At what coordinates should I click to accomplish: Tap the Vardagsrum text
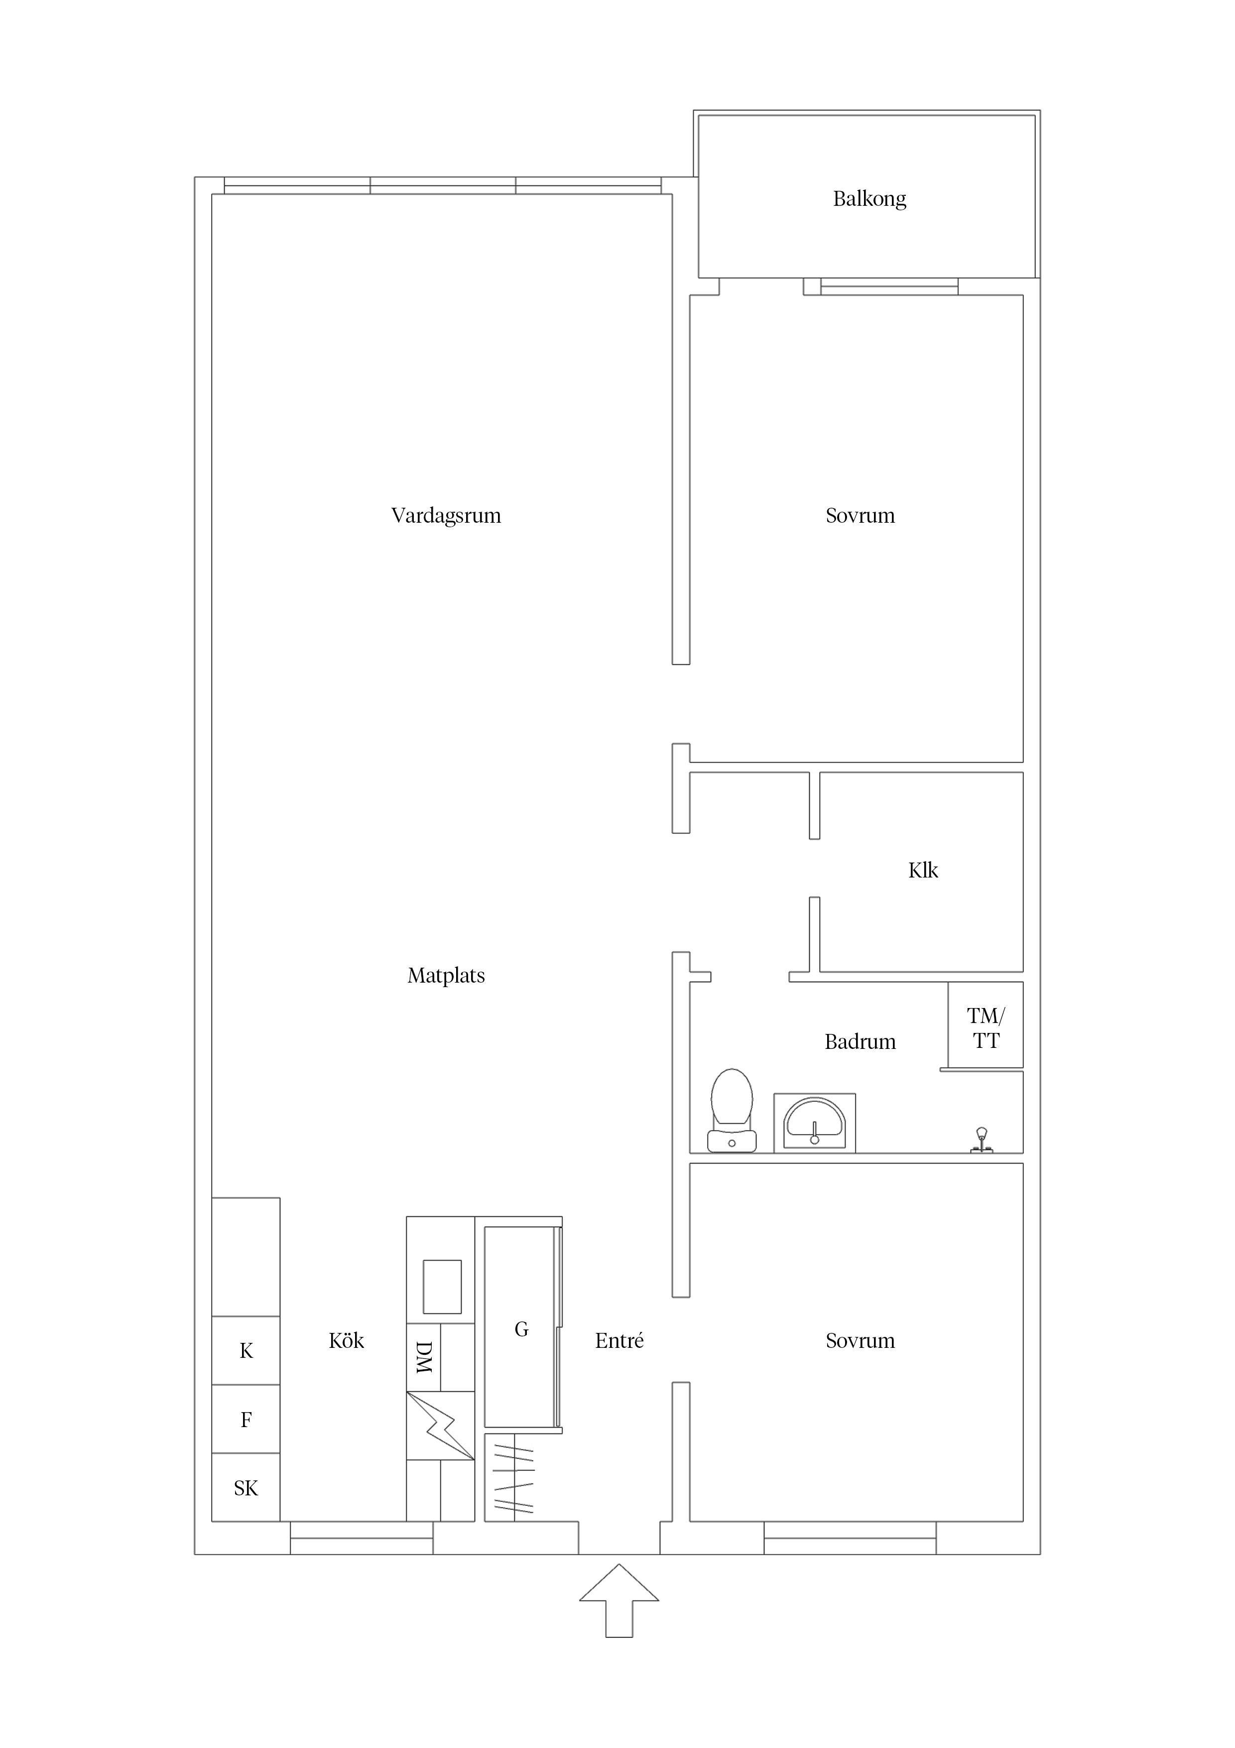click(x=446, y=516)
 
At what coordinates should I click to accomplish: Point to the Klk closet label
click(x=923, y=870)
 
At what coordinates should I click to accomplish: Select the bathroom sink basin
click(x=814, y=1123)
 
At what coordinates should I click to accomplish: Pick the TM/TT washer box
click(x=986, y=1025)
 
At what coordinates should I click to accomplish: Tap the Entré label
click(x=619, y=1341)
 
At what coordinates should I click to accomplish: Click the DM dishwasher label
click(x=424, y=1357)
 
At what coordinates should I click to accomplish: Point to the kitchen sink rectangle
click(x=442, y=1287)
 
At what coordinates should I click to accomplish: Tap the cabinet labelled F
click(x=246, y=1419)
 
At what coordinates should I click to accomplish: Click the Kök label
click(x=346, y=1341)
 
